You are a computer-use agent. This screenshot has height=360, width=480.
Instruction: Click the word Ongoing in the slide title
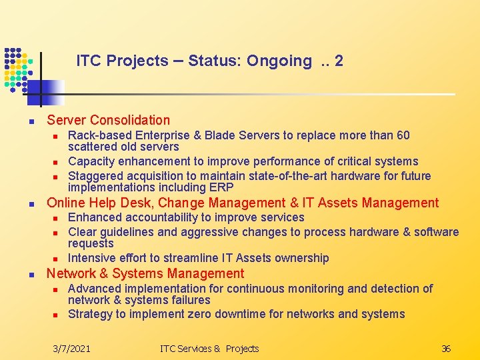click(279, 61)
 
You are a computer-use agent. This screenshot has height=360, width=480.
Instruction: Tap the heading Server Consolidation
click(108, 120)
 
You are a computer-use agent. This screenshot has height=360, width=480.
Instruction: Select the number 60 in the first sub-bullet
click(403, 135)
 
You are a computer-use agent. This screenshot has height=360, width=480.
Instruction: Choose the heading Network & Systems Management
click(145, 273)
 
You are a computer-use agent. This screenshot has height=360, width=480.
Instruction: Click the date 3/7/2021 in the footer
click(72, 349)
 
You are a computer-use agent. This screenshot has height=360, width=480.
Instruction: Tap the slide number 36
click(446, 349)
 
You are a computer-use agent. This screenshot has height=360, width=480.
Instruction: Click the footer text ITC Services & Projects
click(209, 349)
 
